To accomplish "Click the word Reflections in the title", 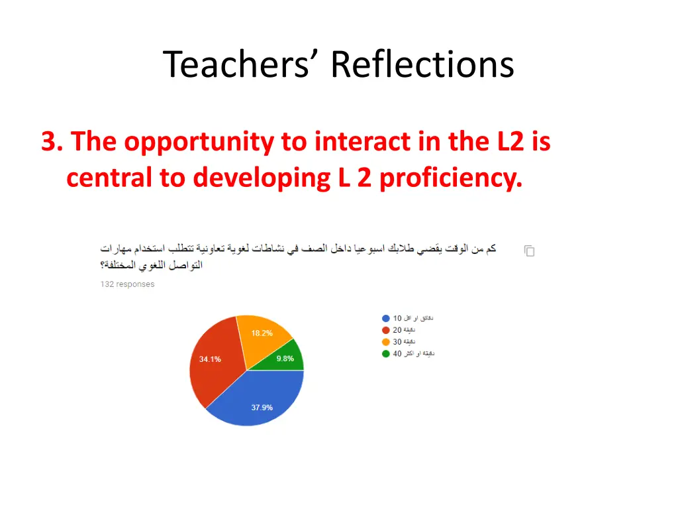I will pos(422,65).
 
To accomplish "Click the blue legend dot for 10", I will pos(386,318).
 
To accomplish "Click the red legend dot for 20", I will pos(386,330).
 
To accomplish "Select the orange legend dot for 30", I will pos(386,342).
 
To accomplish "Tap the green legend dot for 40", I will pos(386,354).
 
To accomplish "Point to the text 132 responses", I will pos(127,284).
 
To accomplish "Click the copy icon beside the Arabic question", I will pos(529,251).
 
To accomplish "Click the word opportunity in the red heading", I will pos(198,142).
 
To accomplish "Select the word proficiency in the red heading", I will pos(450,178).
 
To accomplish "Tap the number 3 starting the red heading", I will pos(48,142).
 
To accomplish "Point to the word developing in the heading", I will pos(262,178).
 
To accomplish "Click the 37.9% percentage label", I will pos(262,408).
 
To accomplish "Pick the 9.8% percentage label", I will pos(285,359).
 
